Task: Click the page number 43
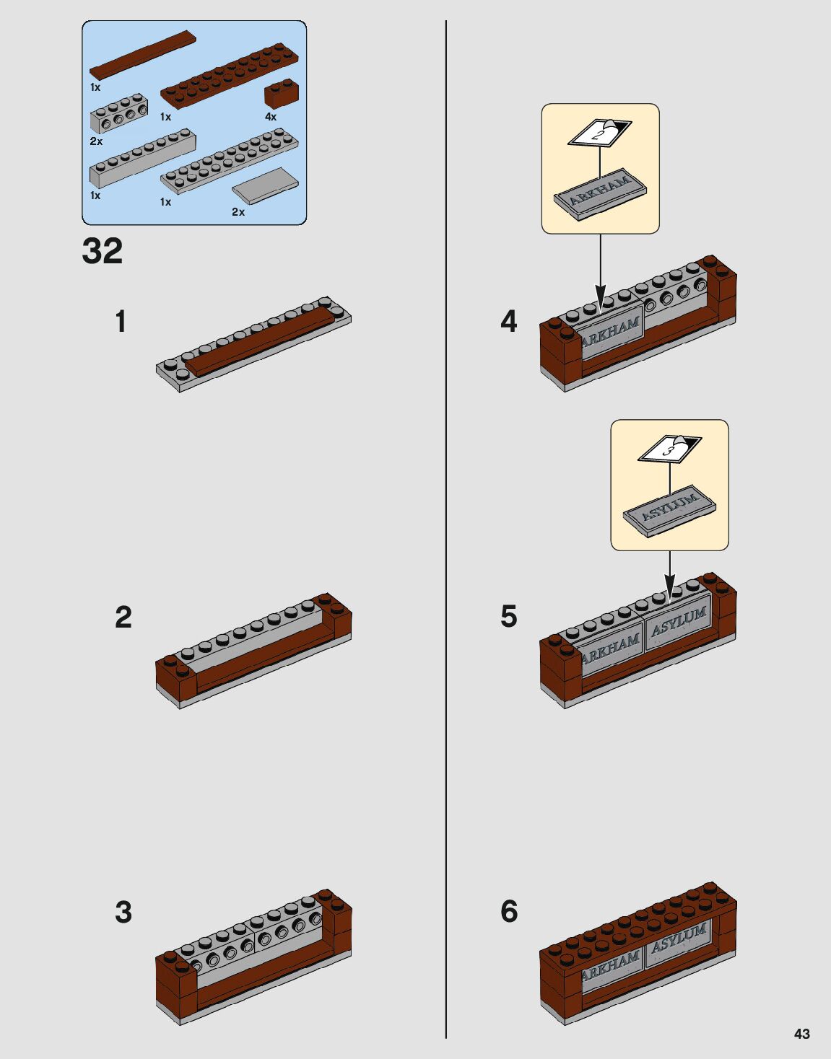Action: click(801, 1033)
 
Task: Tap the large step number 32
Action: click(103, 251)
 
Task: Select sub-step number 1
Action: click(121, 322)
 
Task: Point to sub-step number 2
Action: click(123, 618)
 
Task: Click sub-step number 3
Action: click(123, 912)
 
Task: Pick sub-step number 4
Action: click(509, 322)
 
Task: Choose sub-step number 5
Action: click(509, 617)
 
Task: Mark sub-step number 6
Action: click(509, 911)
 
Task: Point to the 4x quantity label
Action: click(271, 117)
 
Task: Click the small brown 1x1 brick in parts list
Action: click(282, 94)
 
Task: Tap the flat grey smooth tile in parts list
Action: click(265, 185)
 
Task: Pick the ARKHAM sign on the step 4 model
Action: click(611, 333)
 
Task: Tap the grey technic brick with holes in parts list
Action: click(119, 114)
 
